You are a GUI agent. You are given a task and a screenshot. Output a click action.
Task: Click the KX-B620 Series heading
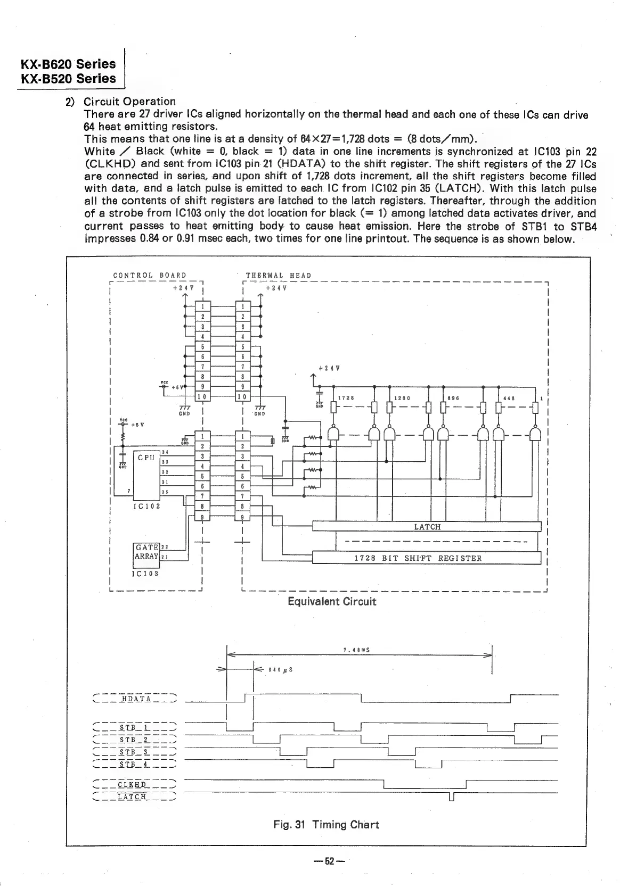68,64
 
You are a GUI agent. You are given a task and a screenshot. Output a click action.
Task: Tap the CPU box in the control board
146,457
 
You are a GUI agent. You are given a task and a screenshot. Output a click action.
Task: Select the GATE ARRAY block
146,552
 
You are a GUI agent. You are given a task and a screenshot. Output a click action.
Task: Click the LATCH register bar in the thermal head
427,527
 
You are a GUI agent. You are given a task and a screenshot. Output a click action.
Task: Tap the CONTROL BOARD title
150,275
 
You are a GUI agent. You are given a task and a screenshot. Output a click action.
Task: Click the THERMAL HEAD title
278,275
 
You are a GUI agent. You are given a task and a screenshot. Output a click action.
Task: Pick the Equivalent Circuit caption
332,601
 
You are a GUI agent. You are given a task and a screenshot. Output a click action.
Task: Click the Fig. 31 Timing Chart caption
326,825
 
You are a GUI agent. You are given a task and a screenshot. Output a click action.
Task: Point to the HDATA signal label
136,699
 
